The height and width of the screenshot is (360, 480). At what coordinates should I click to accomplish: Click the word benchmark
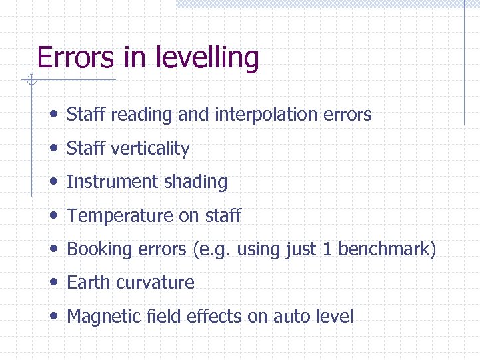pos(387,249)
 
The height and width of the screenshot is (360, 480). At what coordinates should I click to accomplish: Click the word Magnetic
pos(102,317)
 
